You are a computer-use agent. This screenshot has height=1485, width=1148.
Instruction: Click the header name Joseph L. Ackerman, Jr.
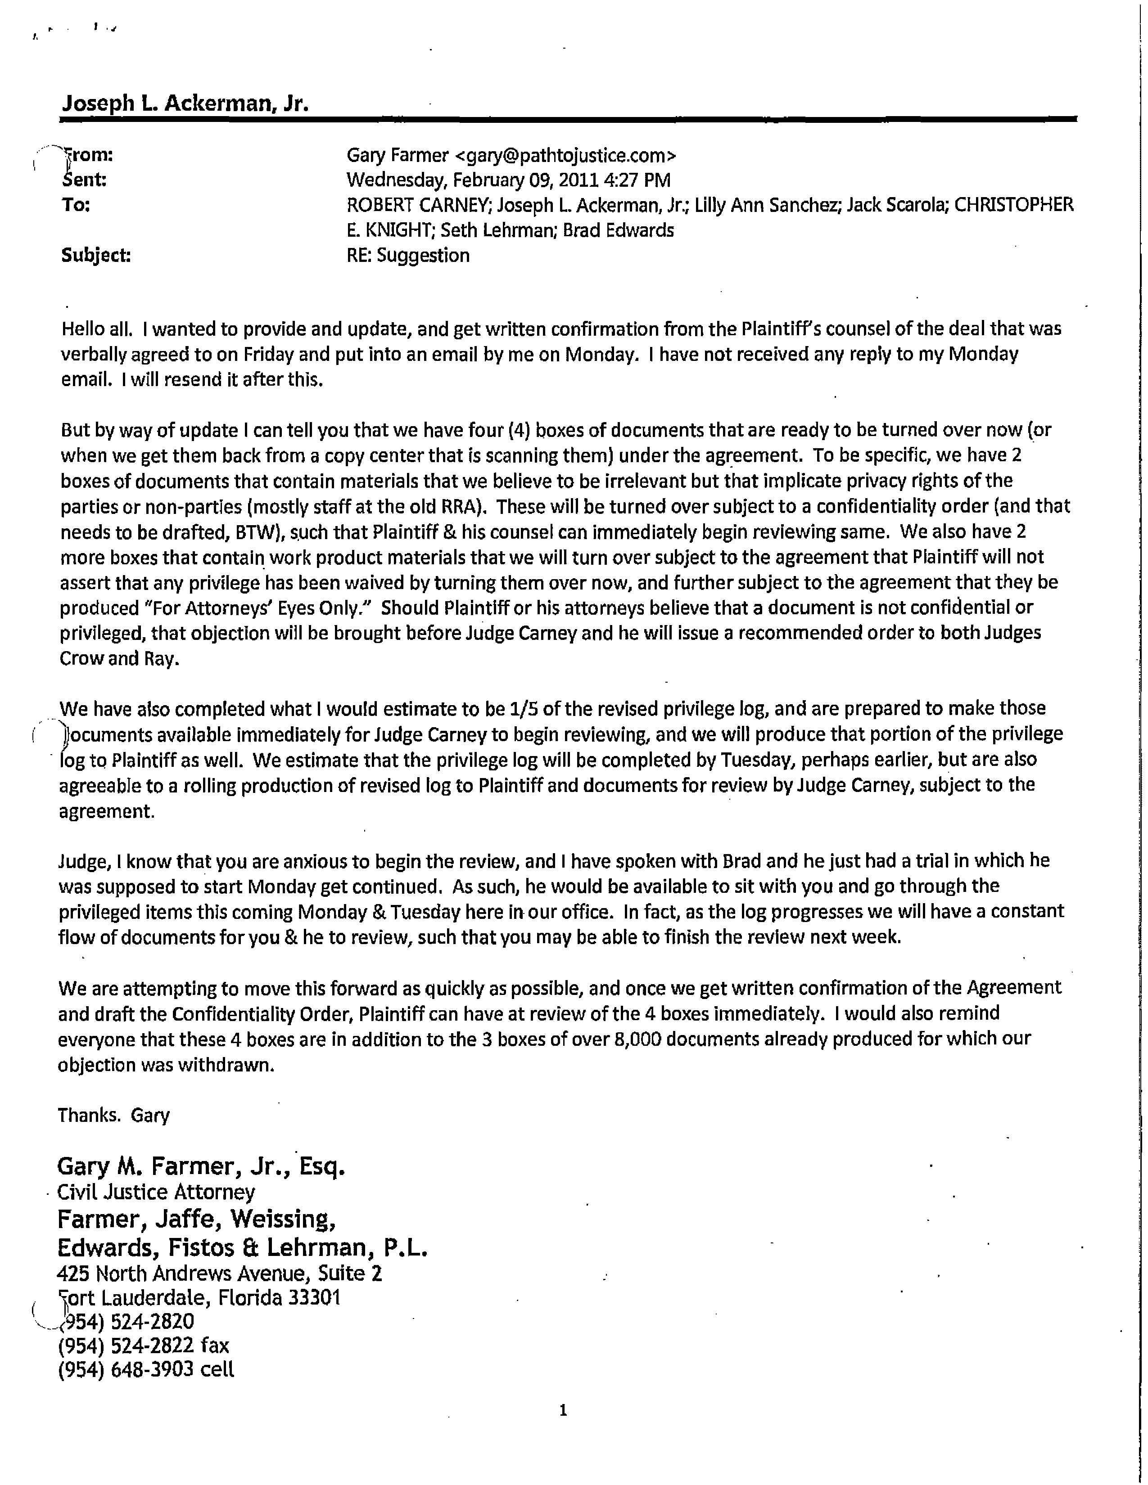click(185, 103)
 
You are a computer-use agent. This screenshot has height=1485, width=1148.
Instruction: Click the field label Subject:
click(96, 256)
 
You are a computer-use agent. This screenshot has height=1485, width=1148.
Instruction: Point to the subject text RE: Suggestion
click(408, 256)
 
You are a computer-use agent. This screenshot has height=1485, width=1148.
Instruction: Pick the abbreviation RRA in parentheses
click(466, 507)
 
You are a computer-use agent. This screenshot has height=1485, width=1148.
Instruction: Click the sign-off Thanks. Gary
click(113, 1115)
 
